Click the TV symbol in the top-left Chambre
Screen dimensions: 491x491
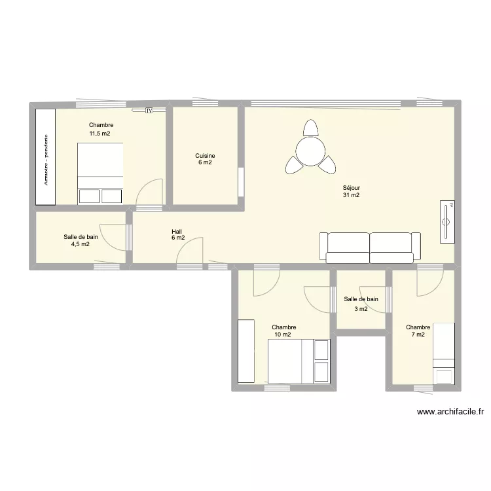(149, 110)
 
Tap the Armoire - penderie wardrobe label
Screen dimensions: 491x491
(46, 160)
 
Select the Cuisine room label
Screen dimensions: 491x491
(205, 156)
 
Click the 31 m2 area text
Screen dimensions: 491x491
(351, 195)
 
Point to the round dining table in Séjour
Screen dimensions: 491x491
(310, 152)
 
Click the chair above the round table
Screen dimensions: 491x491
(310, 128)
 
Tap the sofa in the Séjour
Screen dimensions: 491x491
(370, 247)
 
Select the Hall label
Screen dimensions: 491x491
(177, 232)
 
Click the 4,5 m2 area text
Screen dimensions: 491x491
(81, 244)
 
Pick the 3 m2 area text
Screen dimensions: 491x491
(361, 309)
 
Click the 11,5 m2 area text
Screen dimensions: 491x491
(100, 134)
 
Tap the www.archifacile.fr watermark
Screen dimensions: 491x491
(450, 412)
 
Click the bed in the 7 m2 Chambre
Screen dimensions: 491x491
(443, 354)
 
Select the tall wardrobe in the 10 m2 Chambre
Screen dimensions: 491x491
(245, 351)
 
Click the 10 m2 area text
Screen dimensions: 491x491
(282, 335)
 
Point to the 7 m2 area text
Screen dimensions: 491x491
(418, 335)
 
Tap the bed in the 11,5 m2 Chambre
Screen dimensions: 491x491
(100, 173)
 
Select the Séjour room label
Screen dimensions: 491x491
(352, 188)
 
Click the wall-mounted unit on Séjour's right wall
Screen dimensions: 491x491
(447, 222)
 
